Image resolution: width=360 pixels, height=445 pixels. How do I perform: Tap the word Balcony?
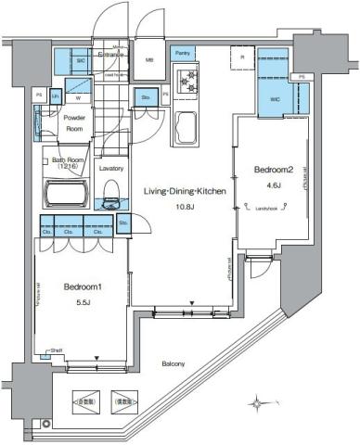tap(171, 364)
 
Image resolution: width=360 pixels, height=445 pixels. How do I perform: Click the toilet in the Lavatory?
tap(112, 194)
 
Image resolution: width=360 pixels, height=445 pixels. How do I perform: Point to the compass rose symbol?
tap(257, 402)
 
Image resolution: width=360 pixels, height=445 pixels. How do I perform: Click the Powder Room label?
tap(74, 124)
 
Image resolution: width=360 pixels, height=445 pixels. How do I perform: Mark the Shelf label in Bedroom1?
tap(57, 350)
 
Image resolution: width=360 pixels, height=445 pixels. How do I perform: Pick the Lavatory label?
tap(111, 168)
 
